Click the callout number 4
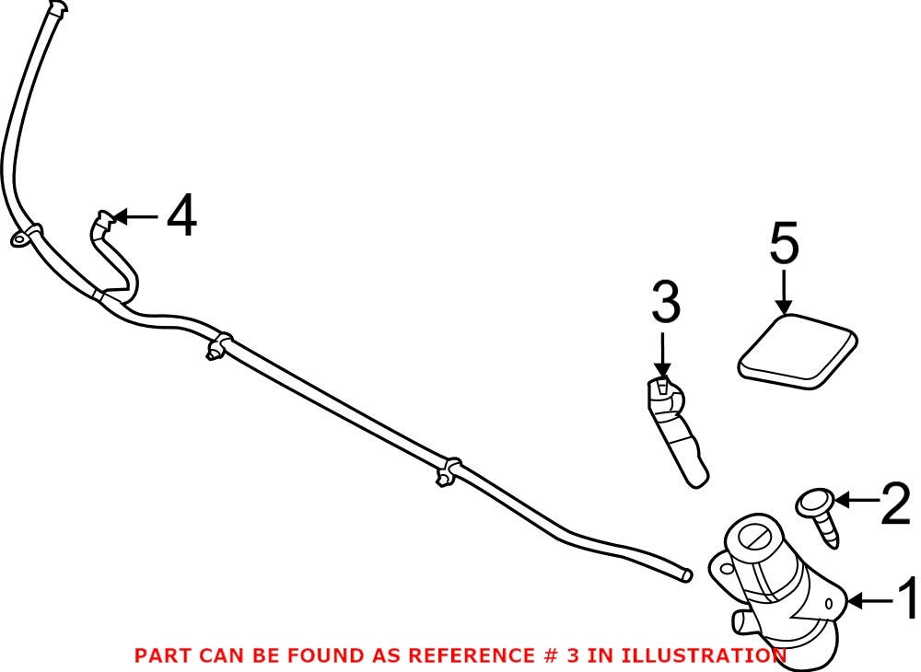(181, 218)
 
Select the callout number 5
(784, 247)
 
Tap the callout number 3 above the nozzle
(665, 303)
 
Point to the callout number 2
(895, 504)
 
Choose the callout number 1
(907, 601)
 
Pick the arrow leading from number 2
(856, 501)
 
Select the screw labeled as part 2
(822, 517)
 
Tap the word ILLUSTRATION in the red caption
(704, 655)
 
